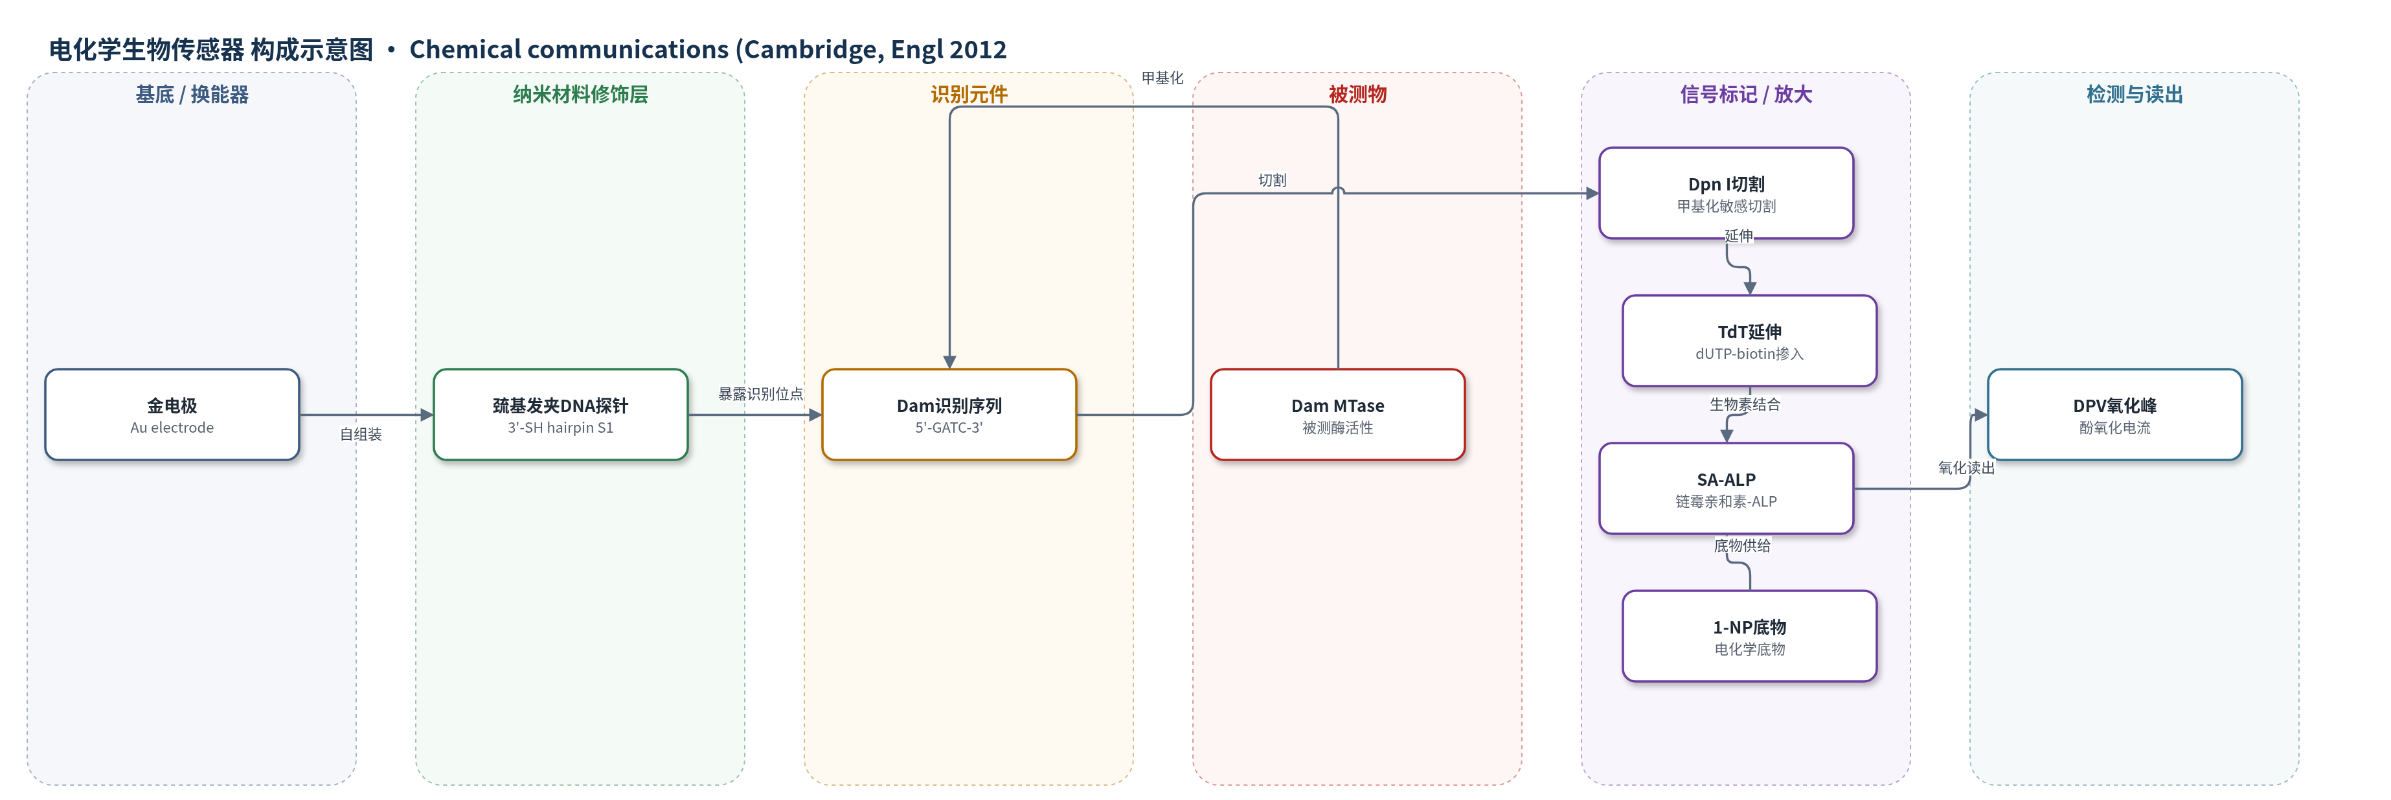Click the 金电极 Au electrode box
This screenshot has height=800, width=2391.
(172, 415)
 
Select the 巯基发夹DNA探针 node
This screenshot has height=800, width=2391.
(561, 415)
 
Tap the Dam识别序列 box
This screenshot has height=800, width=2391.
(949, 415)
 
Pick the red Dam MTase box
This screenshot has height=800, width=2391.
(1337, 415)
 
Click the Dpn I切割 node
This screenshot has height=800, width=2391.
(1727, 193)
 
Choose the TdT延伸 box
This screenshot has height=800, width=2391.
(1750, 341)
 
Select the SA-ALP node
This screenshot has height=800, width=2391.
(1727, 488)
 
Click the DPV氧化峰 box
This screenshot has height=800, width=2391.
(2114, 415)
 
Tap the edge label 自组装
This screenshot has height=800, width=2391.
(361, 435)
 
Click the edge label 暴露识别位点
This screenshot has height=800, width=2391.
(760, 393)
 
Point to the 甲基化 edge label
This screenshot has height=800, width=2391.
(1162, 78)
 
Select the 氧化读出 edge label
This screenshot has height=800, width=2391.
(1966, 468)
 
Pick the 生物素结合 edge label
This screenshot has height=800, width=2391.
(1745, 405)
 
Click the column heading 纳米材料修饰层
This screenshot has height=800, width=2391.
(580, 95)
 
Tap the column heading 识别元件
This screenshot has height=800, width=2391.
(969, 95)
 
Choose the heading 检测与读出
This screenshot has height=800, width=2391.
(2135, 95)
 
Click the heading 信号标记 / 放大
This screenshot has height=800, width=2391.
(1746, 95)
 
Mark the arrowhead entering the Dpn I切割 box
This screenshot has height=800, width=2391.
(1592, 193)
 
